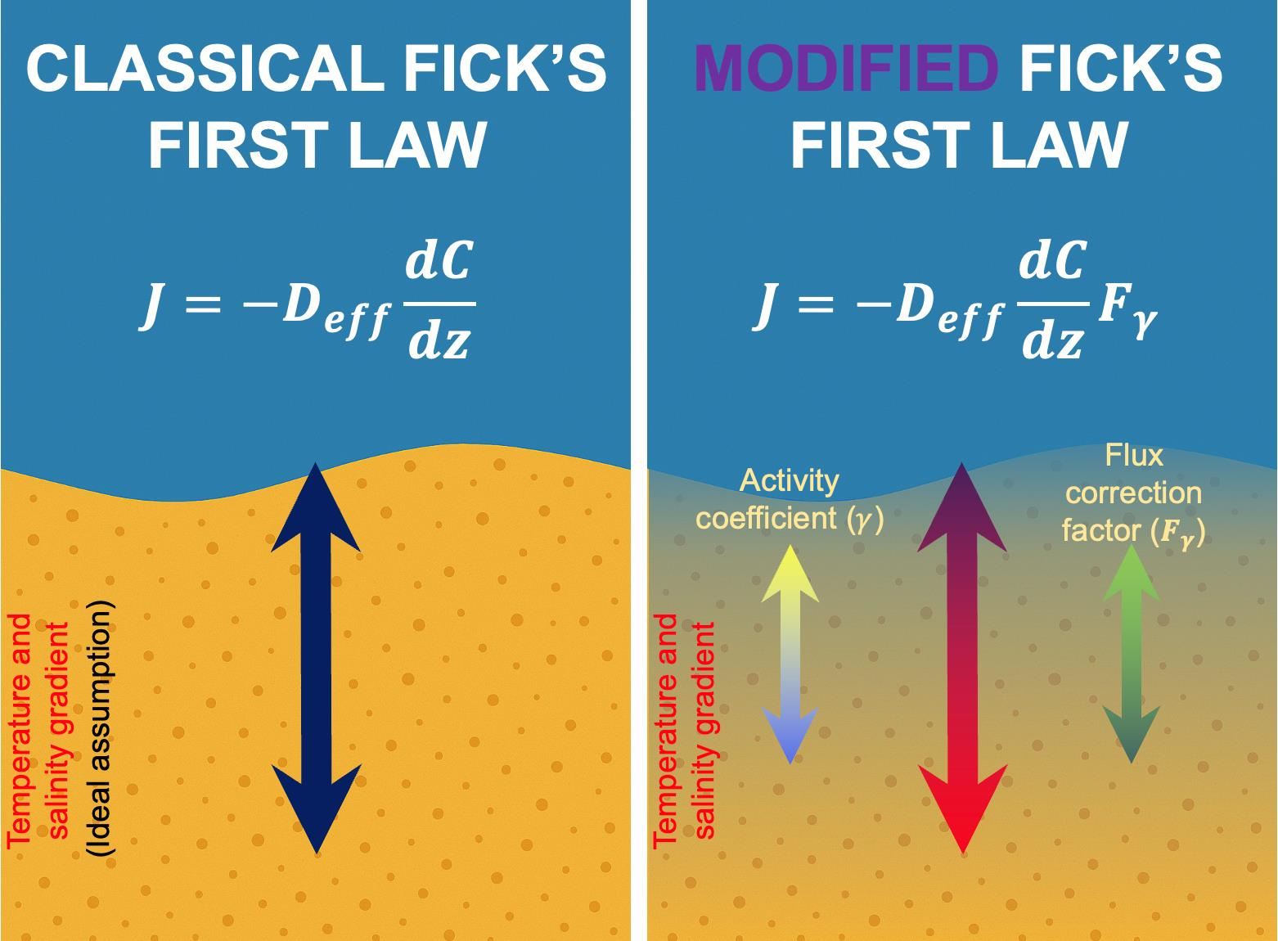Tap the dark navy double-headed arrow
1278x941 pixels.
(x=316, y=659)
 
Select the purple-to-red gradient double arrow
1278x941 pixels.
(x=962, y=659)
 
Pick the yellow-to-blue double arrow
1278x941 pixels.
(x=790, y=655)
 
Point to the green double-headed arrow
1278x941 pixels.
(x=1131, y=655)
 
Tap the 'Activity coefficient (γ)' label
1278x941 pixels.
(x=790, y=499)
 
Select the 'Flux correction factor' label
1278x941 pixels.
(x=1133, y=493)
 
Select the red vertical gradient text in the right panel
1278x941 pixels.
(x=686, y=728)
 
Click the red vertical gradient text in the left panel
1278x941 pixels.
(x=39, y=728)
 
